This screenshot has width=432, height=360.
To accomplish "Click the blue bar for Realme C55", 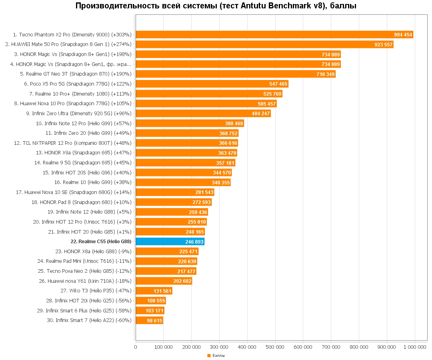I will point(170,242).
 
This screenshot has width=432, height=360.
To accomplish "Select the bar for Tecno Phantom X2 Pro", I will point(274,35).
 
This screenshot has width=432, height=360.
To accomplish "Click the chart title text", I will point(216,6).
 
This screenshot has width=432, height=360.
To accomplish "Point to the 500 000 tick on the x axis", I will point(275,347).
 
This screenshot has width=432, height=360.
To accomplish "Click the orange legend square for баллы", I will point(209,355).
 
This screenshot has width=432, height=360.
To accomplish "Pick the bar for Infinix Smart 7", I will point(149,320).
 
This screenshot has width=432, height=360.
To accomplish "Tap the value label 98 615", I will point(154,320).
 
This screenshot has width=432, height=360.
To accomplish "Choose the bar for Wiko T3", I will point(154,291).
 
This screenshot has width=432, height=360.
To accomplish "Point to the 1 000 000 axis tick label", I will point(415,347).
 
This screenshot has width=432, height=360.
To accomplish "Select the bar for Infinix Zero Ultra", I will point(203,114).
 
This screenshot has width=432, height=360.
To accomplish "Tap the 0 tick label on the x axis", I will point(136,347).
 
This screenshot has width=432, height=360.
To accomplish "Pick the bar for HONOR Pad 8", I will point(174,202).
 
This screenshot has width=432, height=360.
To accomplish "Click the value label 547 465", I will point(278,84).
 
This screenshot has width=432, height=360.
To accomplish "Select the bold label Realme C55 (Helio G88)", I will point(101,242).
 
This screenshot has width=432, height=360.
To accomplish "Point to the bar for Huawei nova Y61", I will point(164,281).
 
